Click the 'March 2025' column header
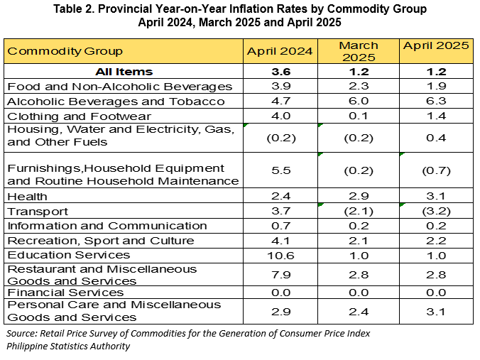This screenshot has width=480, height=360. (359, 51)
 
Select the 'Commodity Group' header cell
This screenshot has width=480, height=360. (65, 51)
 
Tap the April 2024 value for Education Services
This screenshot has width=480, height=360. (280, 256)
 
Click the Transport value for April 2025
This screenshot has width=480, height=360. (436, 211)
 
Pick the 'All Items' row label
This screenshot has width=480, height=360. (124, 72)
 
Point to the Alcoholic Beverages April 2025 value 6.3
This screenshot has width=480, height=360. (436, 101)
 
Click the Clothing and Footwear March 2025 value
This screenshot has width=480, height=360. (359, 116)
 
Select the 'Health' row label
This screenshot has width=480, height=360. (27, 196)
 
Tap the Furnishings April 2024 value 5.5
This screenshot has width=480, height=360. (281, 170)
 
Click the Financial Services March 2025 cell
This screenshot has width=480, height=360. (359, 293)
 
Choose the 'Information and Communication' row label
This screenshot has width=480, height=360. (107, 226)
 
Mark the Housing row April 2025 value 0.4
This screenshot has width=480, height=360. (436, 138)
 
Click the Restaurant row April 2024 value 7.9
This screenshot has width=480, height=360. (281, 275)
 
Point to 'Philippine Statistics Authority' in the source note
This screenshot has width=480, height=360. (68, 346)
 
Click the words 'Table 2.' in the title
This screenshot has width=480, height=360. (74, 9)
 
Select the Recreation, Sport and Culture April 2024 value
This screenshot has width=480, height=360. (281, 241)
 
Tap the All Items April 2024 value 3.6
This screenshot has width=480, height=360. (281, 72)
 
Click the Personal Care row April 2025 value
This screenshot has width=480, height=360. (436, 312)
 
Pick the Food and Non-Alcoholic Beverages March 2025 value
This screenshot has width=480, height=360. (359, 86)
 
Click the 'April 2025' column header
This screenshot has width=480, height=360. (436, 45)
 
